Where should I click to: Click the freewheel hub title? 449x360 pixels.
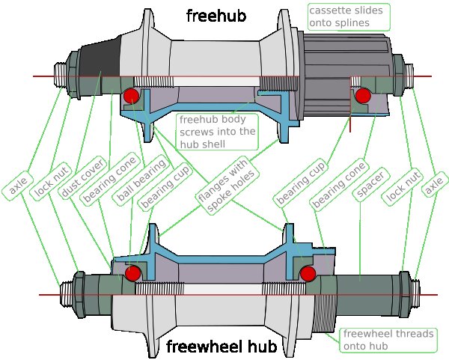coord(222,347)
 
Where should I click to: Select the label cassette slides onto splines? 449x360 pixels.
coord(348,17)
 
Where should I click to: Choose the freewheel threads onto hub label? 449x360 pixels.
coord(387,341)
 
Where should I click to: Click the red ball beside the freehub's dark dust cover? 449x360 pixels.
coord(131,95)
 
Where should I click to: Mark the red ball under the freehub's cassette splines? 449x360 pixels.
coord(364,95)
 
